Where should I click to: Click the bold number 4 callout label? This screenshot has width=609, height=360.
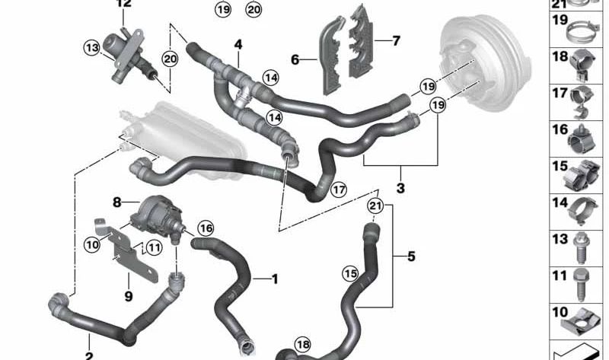(238, 45)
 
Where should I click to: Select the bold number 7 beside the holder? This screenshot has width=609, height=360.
(396, 41)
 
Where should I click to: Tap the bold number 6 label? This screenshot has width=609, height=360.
(295, 60)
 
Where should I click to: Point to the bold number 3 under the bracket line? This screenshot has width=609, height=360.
(400, 188)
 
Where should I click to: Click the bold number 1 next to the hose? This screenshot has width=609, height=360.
(275, 279)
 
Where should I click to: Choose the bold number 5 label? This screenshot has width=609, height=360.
(411, 256)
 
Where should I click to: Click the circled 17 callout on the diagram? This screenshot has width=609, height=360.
(339, 190)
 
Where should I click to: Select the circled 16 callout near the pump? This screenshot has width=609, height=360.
(206, 228)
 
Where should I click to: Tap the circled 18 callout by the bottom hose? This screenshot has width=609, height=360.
(303, 345)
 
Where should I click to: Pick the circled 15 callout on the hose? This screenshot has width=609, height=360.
(350, 274)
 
